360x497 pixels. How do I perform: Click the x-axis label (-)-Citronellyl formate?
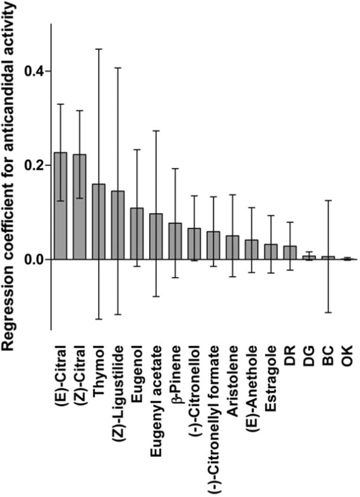(x=214, y=419)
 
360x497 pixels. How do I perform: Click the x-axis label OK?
(x=347, y=356)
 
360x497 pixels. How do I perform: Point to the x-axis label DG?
(x=309, y=356)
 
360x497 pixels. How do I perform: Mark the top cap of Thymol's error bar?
(x=99, y=49)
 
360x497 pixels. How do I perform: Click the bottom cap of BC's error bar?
(x=328, y=312)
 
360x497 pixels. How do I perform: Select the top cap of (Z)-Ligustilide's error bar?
(x=118, y=68)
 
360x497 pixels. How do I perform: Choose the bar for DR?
(x=290, y=252)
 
